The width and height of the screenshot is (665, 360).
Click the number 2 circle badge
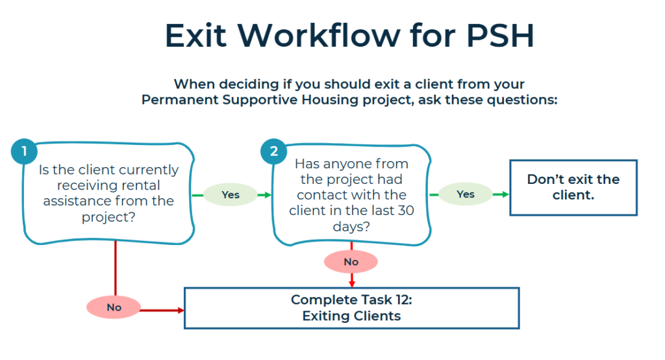tap(273, 152)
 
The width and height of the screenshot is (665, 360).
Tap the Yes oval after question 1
tap(231, 194)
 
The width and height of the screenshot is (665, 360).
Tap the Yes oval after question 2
tap(466, 194)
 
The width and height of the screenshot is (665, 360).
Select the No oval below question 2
tap(351, 261)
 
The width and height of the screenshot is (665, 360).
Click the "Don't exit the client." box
tap(573, 187)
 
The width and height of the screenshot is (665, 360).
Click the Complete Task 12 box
tap(351, 308)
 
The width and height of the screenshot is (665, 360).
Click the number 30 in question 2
tap(400, 211)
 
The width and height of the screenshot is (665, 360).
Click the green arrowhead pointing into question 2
tap(266, 194)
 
